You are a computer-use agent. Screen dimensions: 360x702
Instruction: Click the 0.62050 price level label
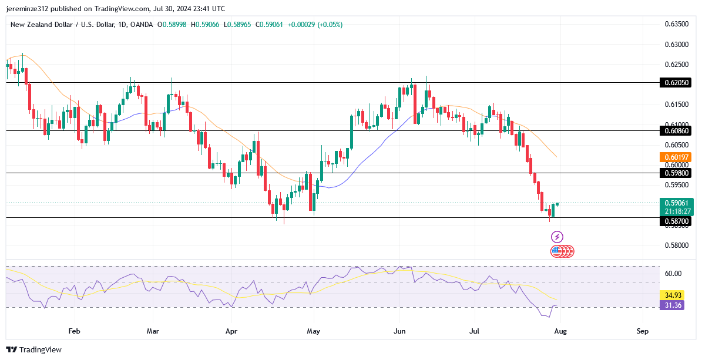click(677, 83)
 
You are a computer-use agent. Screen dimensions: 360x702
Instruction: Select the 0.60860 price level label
click(677, 130)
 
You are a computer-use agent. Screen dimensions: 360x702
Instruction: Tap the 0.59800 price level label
click(677, 173)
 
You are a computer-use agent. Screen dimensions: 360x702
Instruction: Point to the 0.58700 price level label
click(677, 221)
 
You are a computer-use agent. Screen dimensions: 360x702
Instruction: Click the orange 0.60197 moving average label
click(677, 157)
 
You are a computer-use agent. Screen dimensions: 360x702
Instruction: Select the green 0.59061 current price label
click(677, 203)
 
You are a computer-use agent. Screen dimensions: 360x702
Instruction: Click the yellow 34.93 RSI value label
click(672, 295)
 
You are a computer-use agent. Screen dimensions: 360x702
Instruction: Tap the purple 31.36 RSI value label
click(672, 304)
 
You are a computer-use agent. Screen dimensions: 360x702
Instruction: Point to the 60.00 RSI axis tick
click(673, 274)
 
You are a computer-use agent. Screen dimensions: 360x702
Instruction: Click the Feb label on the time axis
click(73, 331)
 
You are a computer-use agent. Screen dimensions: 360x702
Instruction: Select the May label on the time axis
click(313, 331)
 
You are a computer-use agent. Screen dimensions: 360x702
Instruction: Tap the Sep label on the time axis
click(642, 331)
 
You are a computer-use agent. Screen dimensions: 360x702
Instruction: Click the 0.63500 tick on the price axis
click(677, 24)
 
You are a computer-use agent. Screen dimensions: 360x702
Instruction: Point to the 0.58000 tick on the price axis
click(677, 245)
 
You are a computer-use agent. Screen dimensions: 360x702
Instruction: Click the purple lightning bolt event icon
click(557, 237)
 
